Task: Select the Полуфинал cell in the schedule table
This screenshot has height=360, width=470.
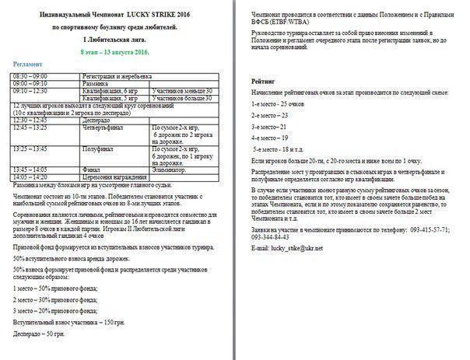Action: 98,148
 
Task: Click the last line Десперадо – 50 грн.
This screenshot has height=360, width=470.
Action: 38,334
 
